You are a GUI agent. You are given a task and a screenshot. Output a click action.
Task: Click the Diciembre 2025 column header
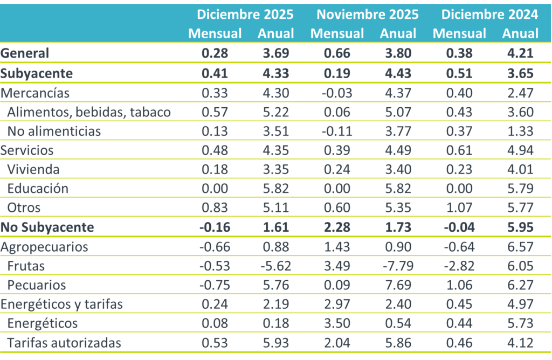pyautogui.click(x=245, y=15)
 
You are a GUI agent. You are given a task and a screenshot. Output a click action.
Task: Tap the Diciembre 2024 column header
pyautogui.click(x=489, y=15)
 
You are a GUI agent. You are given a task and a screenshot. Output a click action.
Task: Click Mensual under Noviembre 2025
pyautogui.click(x=337, y=33)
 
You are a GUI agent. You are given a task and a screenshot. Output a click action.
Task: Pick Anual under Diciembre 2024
pyautogui.click(x=520, y=33)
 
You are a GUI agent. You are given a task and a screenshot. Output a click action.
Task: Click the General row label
pyautogui.click(x=25, y=53)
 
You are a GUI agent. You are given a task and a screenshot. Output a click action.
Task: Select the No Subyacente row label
pyautogui.click(x=47, y=227)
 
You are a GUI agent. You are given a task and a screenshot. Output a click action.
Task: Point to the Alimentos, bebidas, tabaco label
pyautogui.click(x=89, y=112)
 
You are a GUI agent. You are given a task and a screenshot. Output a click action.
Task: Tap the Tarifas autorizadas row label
pyautogui.click(x=64, y=343)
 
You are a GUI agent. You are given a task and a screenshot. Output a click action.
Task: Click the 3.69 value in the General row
pyautogui.click(x=276, y=53)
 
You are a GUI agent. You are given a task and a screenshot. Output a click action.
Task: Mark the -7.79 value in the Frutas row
pyautogui.click(x=398, y=266)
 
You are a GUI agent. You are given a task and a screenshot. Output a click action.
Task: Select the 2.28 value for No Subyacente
pyautogui.click(x=337, y=227)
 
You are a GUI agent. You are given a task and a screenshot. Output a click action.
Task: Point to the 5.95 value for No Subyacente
pyautogui.click(x=520, y=227)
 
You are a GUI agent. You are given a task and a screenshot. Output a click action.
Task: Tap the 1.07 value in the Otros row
pyautogui.click(x=459, y=207)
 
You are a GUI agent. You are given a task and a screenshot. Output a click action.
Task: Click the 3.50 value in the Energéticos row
pyautogui.click(x=337, y=323)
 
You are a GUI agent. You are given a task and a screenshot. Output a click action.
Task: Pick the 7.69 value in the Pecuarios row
pyautogui.click(x=398, y=285)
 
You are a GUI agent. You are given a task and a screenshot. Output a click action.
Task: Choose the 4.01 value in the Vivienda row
pyautogui.click(x=520, y=169)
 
